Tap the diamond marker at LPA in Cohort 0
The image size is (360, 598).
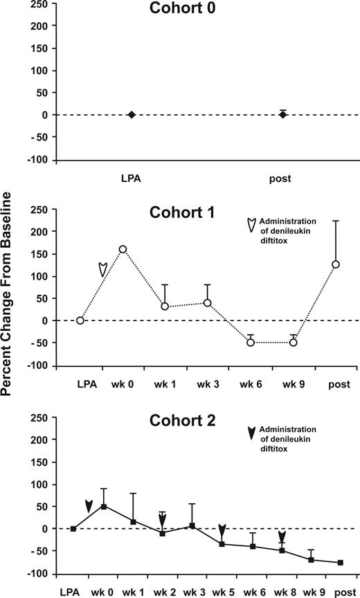click(132, 115)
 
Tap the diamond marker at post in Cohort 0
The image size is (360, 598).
click(282, 115)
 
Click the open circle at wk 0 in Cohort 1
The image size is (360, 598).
click(123, 249)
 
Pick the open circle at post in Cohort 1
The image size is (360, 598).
click(336, 264)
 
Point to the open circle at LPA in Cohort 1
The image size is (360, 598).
click(80, 320)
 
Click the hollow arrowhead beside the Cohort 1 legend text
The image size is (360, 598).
click(251, 225)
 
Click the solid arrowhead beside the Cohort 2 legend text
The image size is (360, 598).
click(251, 433)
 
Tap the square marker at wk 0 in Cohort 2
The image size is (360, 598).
click(103, 506)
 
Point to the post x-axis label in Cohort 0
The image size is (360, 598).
click(282, 179)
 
